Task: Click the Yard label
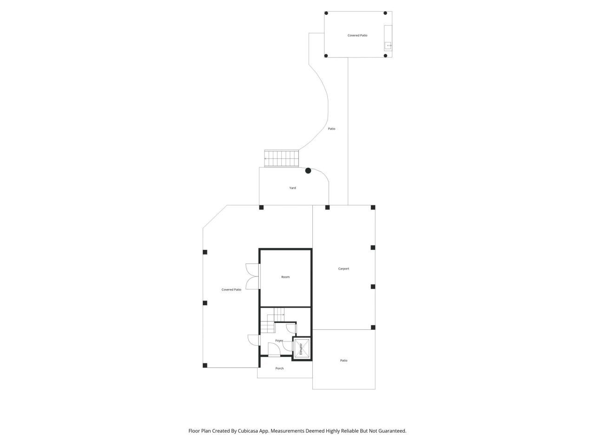292,188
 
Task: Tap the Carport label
344,269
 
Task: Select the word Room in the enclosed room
285,277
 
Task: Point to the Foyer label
279,341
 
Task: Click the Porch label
279,368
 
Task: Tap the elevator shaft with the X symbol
302,348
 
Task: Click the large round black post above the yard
308,171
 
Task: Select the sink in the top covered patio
388,46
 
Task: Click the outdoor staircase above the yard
281,158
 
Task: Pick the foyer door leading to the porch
274,354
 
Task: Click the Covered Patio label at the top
357,35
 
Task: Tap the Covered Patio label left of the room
231,289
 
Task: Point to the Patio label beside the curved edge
331,129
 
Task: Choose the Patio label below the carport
344,361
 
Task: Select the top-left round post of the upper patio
326,13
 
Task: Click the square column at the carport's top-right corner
373,208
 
